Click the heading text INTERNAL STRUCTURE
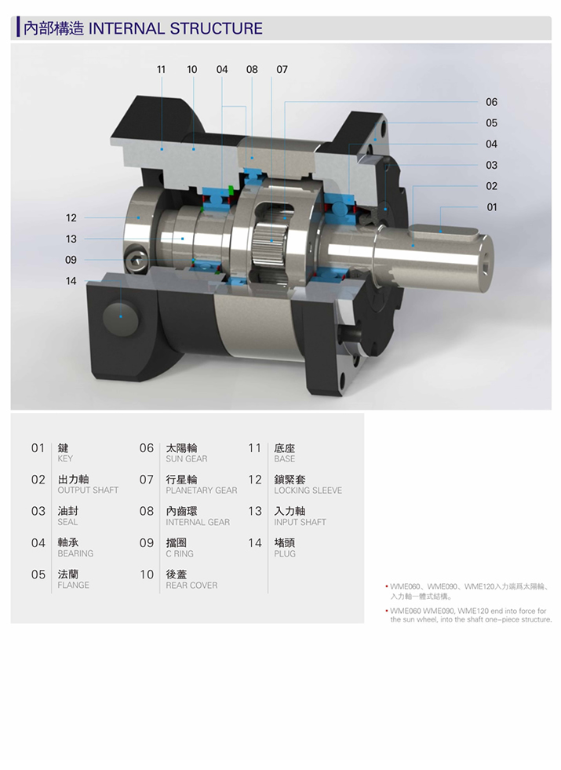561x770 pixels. coord(175,28)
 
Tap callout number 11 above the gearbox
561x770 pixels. coord(161,70)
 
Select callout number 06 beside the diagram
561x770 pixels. coord(491,102)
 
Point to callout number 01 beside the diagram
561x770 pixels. coord(492,207)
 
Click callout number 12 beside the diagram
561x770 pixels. coord(71,217)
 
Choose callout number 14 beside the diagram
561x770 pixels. coord(71,281)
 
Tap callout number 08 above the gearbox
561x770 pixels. coord(252,70)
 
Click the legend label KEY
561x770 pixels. coord(65,458)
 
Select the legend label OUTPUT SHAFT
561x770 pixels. coord(88,490)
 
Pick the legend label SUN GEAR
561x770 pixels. coord(187,458)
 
